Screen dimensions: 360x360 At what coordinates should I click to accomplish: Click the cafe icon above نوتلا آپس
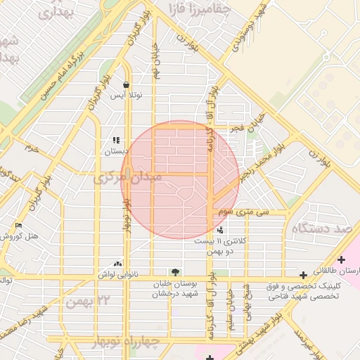[x=126, y=85]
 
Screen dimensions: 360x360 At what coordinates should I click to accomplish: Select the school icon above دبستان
[x=116, y=141]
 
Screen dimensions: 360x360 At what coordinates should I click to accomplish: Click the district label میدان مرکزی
[x=127, y=178]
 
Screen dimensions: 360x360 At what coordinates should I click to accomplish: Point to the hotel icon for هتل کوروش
[x=18, y=226]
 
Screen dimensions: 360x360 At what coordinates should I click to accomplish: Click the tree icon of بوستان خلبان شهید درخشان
[x=174, y=272]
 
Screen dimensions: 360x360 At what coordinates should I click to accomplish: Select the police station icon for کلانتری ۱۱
[x=221, y=230]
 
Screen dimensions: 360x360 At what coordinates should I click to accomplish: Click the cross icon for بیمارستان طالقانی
[x=341, y=259]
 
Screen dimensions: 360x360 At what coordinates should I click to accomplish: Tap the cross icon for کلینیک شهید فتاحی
[x=303, y=275]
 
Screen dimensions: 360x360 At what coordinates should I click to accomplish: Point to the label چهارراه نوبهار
[x=127, y=340]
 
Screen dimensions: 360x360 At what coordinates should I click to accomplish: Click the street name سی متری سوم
[x=243, y=210]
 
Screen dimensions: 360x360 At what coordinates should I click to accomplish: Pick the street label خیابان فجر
[x=251, y=121]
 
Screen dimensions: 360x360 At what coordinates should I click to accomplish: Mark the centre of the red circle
[x=179, y=179]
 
